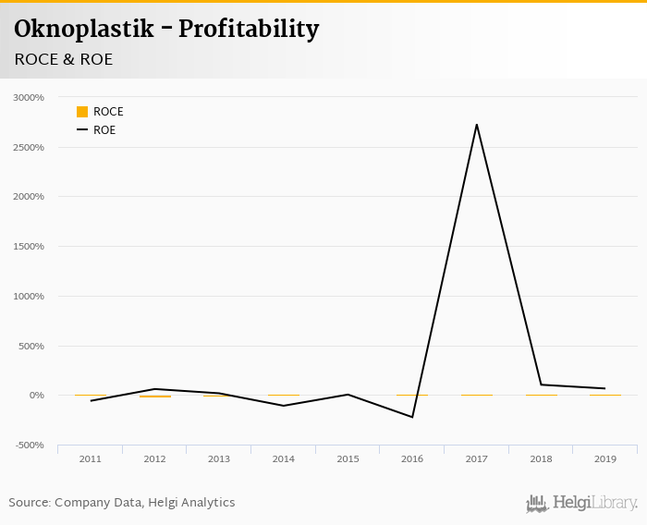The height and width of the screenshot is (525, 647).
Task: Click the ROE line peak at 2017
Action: point(477,125)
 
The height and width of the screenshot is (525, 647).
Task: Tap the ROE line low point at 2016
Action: point(412,417)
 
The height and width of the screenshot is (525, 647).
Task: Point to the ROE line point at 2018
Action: point(542,385)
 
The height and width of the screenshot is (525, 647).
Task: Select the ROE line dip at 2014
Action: point(284,406)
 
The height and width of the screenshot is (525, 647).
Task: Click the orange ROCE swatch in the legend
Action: point(82,112)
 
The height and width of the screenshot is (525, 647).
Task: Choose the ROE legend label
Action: point(104,130)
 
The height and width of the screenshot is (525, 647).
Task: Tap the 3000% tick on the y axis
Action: point(29,97)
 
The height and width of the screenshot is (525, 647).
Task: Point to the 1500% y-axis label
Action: point(29,247)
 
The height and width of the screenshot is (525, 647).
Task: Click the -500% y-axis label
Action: point(29,446)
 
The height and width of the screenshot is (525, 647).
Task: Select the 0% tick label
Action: point(36,396)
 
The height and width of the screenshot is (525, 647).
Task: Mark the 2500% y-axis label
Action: point(29,147)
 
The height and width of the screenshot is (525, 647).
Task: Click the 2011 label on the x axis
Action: point(91,459)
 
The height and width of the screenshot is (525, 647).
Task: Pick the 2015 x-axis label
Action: point(348,459)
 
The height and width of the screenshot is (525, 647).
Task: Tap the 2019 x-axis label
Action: point(605,459)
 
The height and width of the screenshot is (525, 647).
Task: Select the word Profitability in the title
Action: point(249,30)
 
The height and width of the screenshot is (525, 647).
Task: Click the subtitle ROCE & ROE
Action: point(64,59)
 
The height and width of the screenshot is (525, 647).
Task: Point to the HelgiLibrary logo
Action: point(582,503)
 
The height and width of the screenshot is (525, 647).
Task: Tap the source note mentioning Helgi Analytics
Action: point(122,503)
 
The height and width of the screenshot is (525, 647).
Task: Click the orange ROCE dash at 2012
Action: point(155,397)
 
